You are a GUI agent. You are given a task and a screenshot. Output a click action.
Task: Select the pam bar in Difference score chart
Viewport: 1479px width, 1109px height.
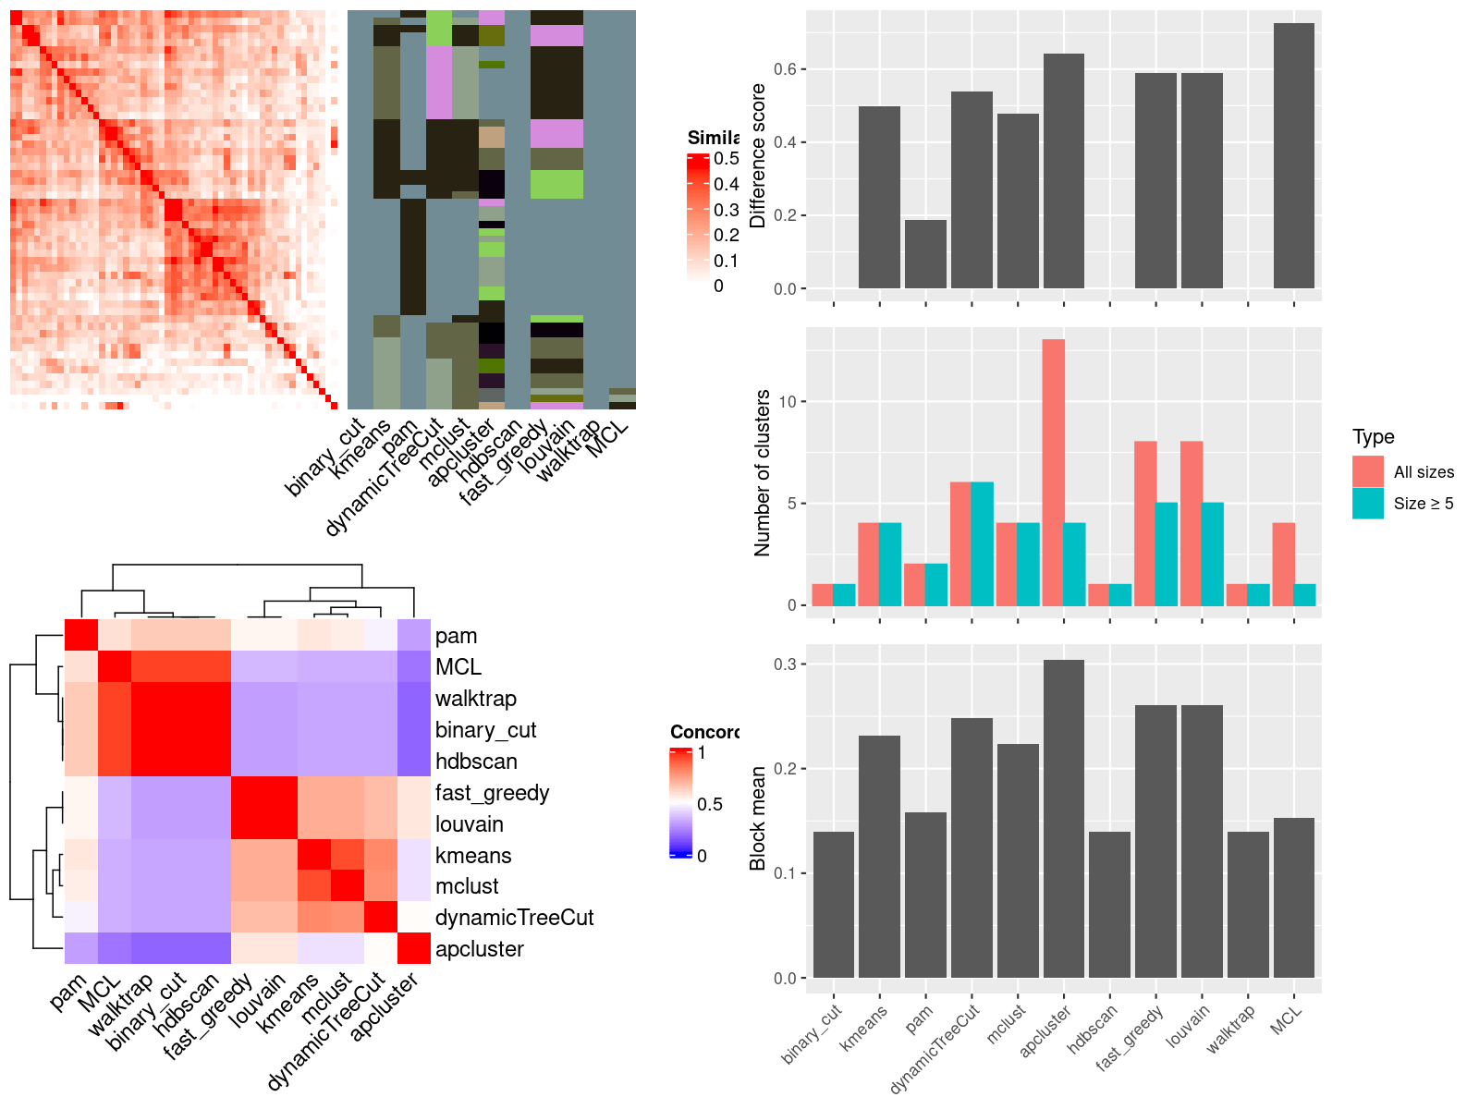(925, 254)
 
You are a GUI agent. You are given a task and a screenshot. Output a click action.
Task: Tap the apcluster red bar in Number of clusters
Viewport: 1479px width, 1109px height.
(1053, 472)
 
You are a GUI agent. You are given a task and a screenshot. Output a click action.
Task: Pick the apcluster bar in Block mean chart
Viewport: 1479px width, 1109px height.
(1063, 819)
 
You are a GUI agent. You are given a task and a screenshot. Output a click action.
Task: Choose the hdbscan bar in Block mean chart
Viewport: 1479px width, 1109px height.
(1109, 905)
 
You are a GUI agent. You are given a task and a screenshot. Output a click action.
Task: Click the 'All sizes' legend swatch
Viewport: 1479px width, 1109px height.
(1368, 471)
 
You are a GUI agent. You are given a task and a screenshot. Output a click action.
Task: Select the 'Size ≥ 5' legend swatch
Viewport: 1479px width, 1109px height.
(1368, 504)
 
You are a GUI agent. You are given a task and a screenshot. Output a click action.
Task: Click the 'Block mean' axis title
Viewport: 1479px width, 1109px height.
(758, 818)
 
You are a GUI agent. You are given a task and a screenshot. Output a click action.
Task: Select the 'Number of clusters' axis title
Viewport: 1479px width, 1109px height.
(763, 472)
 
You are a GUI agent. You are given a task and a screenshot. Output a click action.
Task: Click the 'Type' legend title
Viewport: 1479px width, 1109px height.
(1374, 437)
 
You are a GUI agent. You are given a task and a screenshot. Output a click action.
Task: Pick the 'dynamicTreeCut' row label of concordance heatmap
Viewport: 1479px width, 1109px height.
(514, 918)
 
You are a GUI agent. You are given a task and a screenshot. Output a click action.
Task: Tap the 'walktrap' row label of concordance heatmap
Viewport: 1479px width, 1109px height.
(476, 699)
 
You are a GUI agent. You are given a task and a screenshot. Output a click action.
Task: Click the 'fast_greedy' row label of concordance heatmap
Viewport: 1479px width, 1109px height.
(492, 793)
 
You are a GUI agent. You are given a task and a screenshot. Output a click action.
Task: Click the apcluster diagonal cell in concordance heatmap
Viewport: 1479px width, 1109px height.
(414, 948)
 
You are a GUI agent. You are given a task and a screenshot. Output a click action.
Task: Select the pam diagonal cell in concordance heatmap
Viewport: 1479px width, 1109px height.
(81, 635)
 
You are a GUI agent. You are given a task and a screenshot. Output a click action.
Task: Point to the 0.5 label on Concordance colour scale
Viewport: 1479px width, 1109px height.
(709, 804)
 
